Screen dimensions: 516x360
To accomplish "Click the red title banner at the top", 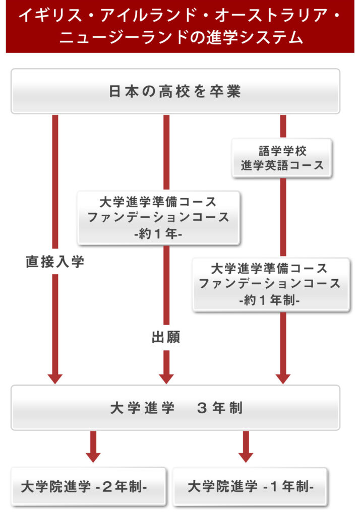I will tap(180, 26).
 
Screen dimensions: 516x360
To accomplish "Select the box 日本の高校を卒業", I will tap(175, 91).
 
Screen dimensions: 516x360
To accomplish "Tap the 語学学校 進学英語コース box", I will tap(282, 158).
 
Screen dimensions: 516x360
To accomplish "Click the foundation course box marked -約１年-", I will tap(158, 218).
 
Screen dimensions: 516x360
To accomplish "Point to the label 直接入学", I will tap(55, 262).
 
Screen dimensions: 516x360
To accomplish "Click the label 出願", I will tap(166, 337).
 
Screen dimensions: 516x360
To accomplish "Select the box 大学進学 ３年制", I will tap(175, 408).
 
